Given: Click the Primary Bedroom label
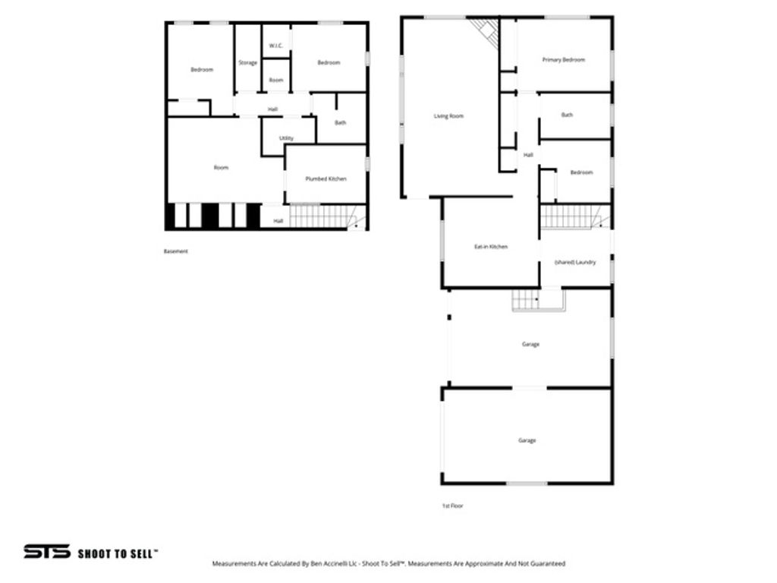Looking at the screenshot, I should tap(563, 59).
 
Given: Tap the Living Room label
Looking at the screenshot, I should tap(448, 116).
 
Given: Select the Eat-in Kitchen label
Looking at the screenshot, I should tap(491, 247).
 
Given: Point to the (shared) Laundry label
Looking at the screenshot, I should tap(574, 262).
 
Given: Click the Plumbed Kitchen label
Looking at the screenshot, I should tap(326, 178).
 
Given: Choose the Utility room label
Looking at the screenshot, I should tap(286, 138).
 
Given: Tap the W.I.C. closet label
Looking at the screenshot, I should tap(275, 46).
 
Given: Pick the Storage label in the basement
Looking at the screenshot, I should tap(247, 62).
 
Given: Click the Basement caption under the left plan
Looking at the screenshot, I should tap(175, 251).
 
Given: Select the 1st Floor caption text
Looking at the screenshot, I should tap(452, 506).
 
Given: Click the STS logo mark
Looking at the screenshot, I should tap(46, 552).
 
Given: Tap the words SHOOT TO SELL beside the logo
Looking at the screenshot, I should tap(118, 553).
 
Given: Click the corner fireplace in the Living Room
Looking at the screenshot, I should tap(484, 30).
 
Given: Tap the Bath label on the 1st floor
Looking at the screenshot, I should tap(567, 115).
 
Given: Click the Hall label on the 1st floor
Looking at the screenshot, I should tap(528, 155).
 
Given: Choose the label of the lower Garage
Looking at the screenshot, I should tap(527, 440).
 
